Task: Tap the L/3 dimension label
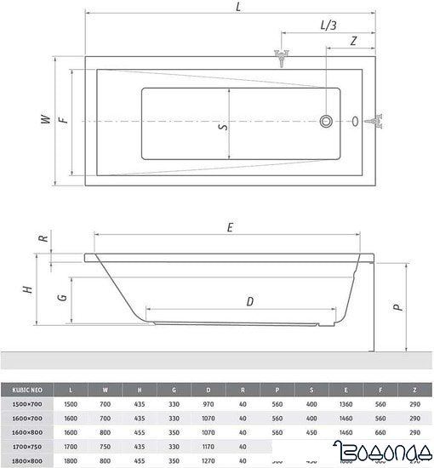tap(328, 26)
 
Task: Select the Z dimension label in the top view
tap(352, 40)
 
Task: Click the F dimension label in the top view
tap(63, 121)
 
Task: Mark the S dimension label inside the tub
tap(223, 127)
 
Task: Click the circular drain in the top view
tap(326, 122)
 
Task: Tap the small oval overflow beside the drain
tap(355, 122)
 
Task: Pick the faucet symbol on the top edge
tap(282, 59)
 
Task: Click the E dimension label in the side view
tap(231, 227)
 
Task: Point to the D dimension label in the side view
tap(249, 300)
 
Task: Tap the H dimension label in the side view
tap(29, 289)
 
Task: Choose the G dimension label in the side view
tap(60, 298)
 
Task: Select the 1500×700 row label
tap(26, 406)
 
